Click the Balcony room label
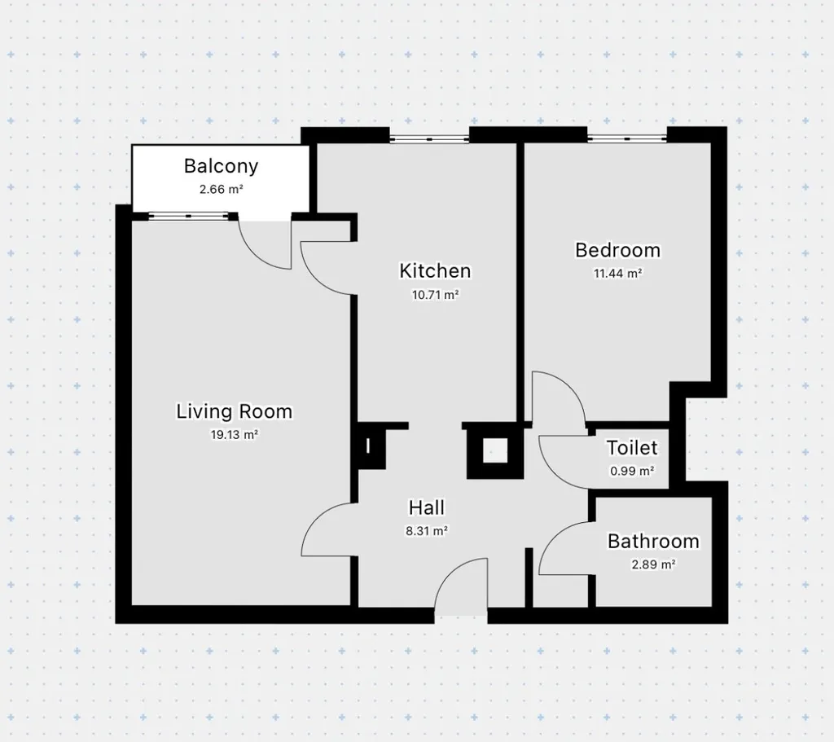pos(221,166)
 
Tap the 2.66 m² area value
pos(222,189)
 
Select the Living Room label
pos(234,411)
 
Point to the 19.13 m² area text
pos(234,435)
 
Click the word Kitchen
pos(435,270)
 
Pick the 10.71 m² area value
pos(435,294)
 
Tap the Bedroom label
pos(617,250)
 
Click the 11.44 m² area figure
pos(617,274)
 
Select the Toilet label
pos(632,448)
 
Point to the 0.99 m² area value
pos(632,471)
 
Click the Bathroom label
pos(653,542)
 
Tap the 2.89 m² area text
pos(653,564)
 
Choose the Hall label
pos(427,508)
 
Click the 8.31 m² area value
pos(427,531)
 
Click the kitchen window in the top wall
pos(429,138)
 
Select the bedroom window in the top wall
pos(627,138)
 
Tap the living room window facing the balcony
pos(188,215)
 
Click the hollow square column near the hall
pos(494,452)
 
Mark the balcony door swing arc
pos(254,255)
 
